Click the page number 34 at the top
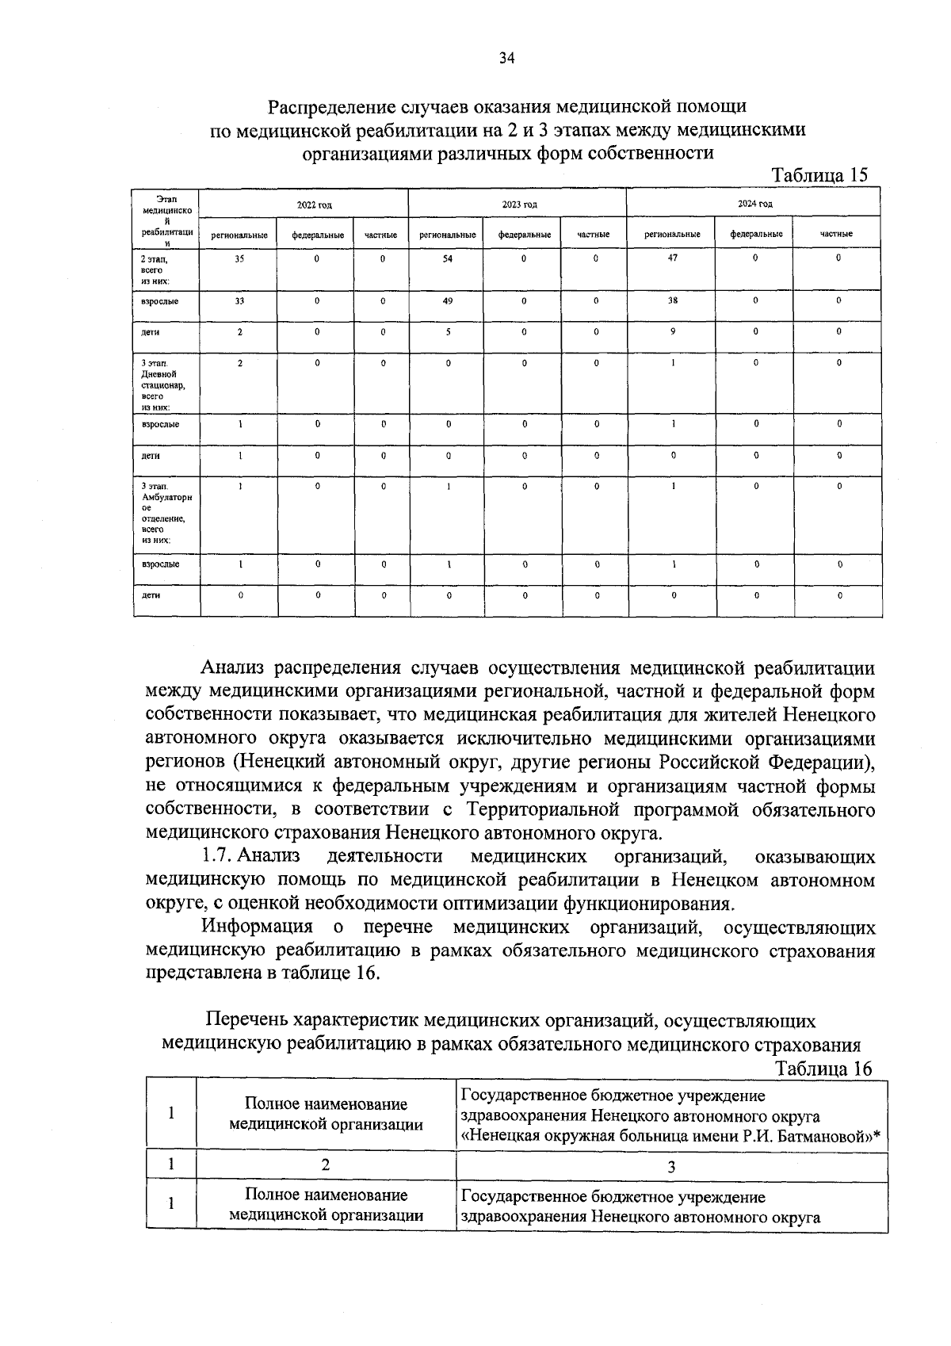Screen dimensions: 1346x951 507,58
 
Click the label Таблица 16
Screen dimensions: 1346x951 823,1069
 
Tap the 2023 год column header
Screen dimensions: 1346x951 520,205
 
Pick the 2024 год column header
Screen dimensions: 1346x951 754,204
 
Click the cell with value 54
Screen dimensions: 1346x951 448,259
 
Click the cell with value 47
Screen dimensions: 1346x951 673,258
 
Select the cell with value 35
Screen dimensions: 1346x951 239,259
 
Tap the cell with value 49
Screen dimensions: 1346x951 448,301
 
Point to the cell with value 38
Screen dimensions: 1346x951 673,300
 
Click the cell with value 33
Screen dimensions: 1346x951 239,301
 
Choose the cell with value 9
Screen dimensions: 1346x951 673,331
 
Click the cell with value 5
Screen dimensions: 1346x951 448,332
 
